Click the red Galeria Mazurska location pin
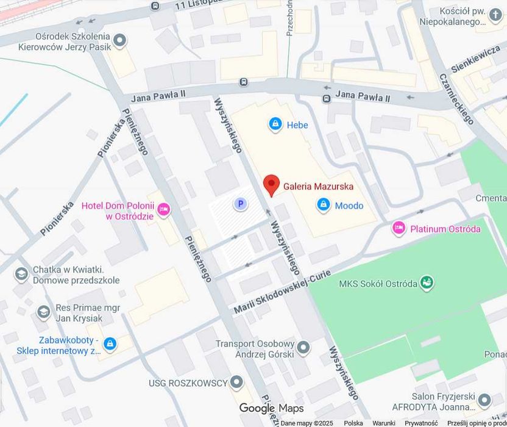(x=271, y=184)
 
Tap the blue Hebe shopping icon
(x=275, y=124)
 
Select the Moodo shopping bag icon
(x=324, y=205)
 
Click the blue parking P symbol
(x=241, y=204)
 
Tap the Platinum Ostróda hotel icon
(x=399, y=229)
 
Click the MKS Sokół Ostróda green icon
(x=428, y=283)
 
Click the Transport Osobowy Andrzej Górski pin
(x=303, y=348)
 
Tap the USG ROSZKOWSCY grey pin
(x=236, y=383)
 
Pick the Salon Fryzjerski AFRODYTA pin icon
(x=484, y=401)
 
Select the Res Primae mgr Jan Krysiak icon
(x=43, y=312)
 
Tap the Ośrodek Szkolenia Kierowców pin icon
(x=120, y=41)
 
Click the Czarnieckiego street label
(x=456, y=99)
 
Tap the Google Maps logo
(x=271, y=408)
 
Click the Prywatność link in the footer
(x=421, y=423)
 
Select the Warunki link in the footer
(x=384, y=423)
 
